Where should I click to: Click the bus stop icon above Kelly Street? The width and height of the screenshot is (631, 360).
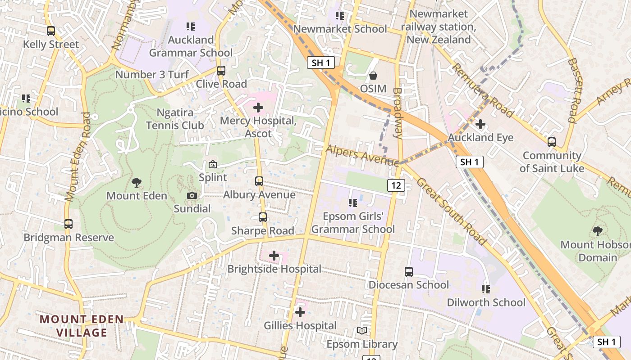click(x=51, y=31)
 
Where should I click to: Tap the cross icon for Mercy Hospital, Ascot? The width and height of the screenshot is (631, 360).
click(x=258, y=108)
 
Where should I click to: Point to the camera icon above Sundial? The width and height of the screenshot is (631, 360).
click(x=192, y=195)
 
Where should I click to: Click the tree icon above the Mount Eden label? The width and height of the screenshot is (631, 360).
click(x=137, y=182)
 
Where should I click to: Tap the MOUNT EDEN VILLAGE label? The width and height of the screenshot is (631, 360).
click(x=82, y=326)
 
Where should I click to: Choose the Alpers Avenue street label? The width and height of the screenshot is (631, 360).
click(x=362, y=154)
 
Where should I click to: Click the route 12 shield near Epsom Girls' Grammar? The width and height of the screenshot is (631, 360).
click(x=396, y=185)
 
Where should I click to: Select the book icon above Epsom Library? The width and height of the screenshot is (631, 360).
click(x=362, y=331)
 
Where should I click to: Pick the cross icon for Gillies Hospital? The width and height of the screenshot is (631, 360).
click(x=300, y=312)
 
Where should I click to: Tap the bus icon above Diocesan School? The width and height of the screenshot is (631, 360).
click(x=409, y=271)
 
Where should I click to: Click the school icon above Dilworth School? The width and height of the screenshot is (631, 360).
click(x=486, y=289)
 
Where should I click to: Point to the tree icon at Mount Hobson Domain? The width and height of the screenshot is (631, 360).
click(x=598, y=231)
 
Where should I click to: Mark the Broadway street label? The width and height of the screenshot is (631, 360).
click(x=397, y=112)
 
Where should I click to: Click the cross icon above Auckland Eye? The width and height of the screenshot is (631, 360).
click(x=480, y=124)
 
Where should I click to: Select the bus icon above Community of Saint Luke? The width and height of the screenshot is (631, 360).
click(x=552, y=142)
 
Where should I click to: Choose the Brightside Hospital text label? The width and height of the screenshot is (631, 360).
click(x=274, y=269)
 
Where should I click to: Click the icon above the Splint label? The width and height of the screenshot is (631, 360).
click(x=213, y=164)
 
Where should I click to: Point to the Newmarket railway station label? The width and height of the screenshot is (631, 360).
click(x=439, y=27)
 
